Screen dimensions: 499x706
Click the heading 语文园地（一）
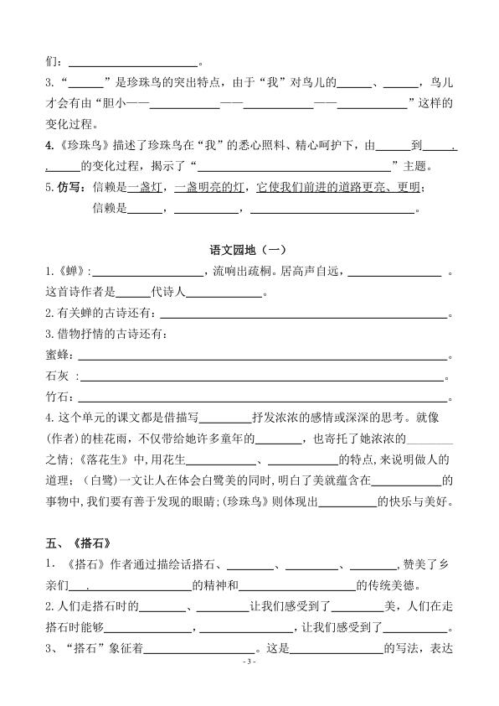click(x=249, y=249)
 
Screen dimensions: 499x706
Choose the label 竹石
click(x=57, y=398)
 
